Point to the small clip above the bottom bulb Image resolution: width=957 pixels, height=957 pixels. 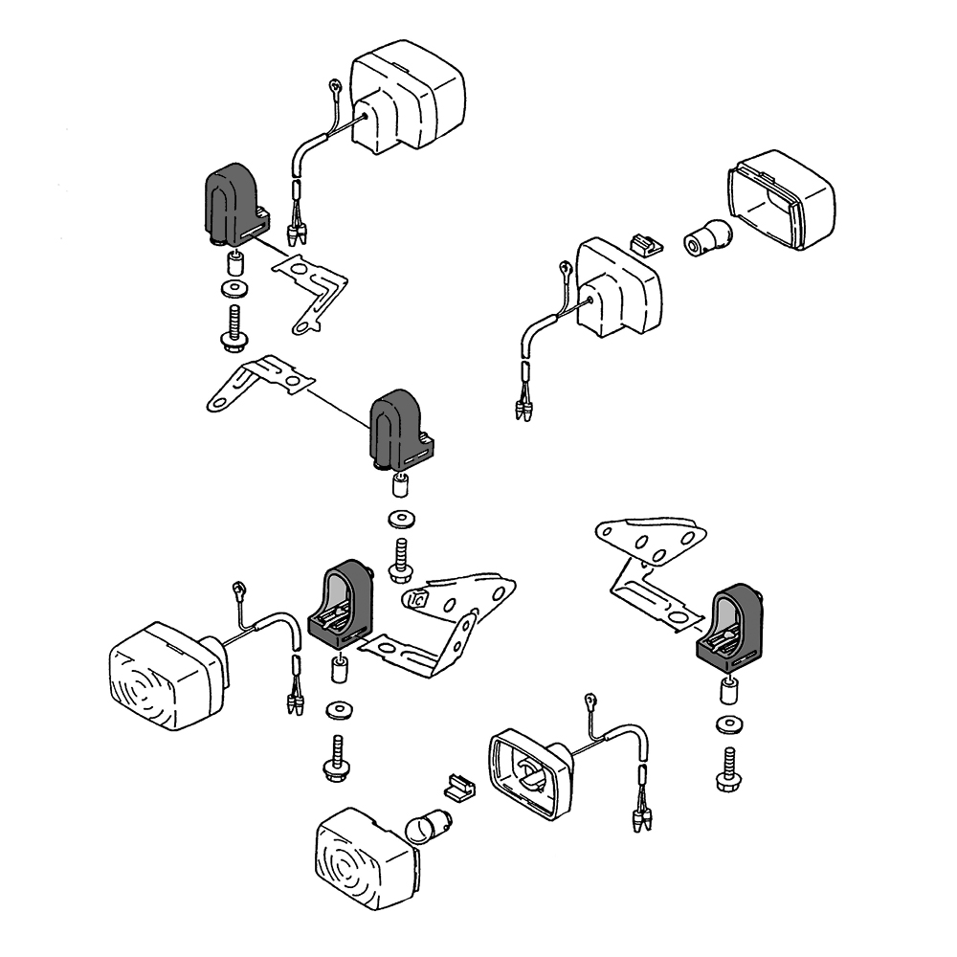458,787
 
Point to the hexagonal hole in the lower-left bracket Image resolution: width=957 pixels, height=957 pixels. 416,601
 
